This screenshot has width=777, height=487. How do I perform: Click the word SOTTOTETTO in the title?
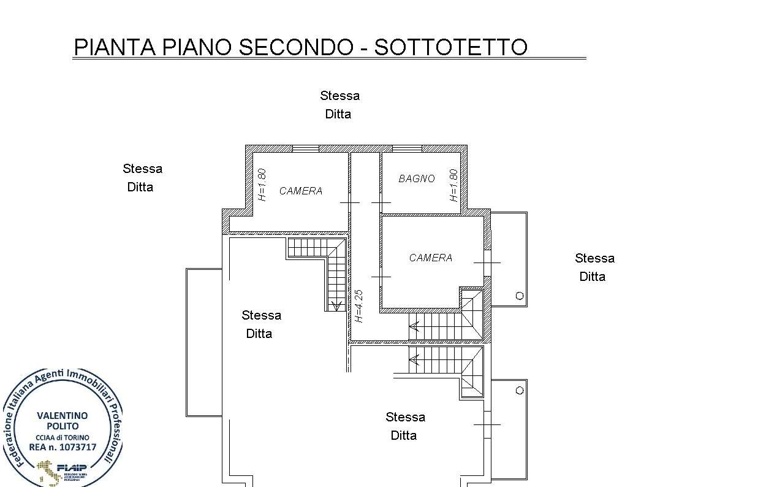450,47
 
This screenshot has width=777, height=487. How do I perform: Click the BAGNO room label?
417,179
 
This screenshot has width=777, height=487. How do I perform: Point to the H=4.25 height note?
359,306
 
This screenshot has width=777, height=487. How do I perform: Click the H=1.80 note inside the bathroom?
453,185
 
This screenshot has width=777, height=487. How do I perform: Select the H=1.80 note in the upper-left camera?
262,185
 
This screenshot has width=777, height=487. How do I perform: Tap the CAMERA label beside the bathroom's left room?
301,191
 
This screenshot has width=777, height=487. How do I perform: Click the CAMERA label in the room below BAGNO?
431,258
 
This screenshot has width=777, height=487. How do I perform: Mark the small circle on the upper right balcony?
520,296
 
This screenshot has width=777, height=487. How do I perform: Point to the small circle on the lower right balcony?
520,391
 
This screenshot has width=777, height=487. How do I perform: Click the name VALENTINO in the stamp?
63,415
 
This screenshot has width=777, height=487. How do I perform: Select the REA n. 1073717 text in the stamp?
63,447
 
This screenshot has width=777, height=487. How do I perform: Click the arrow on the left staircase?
336,305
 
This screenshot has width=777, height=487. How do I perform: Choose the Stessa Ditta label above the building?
339,105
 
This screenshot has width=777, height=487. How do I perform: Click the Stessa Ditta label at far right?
594,267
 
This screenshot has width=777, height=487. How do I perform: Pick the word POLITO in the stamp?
63,426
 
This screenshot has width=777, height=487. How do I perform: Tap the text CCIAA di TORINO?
63,437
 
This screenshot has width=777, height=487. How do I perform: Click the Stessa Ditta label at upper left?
142,178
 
